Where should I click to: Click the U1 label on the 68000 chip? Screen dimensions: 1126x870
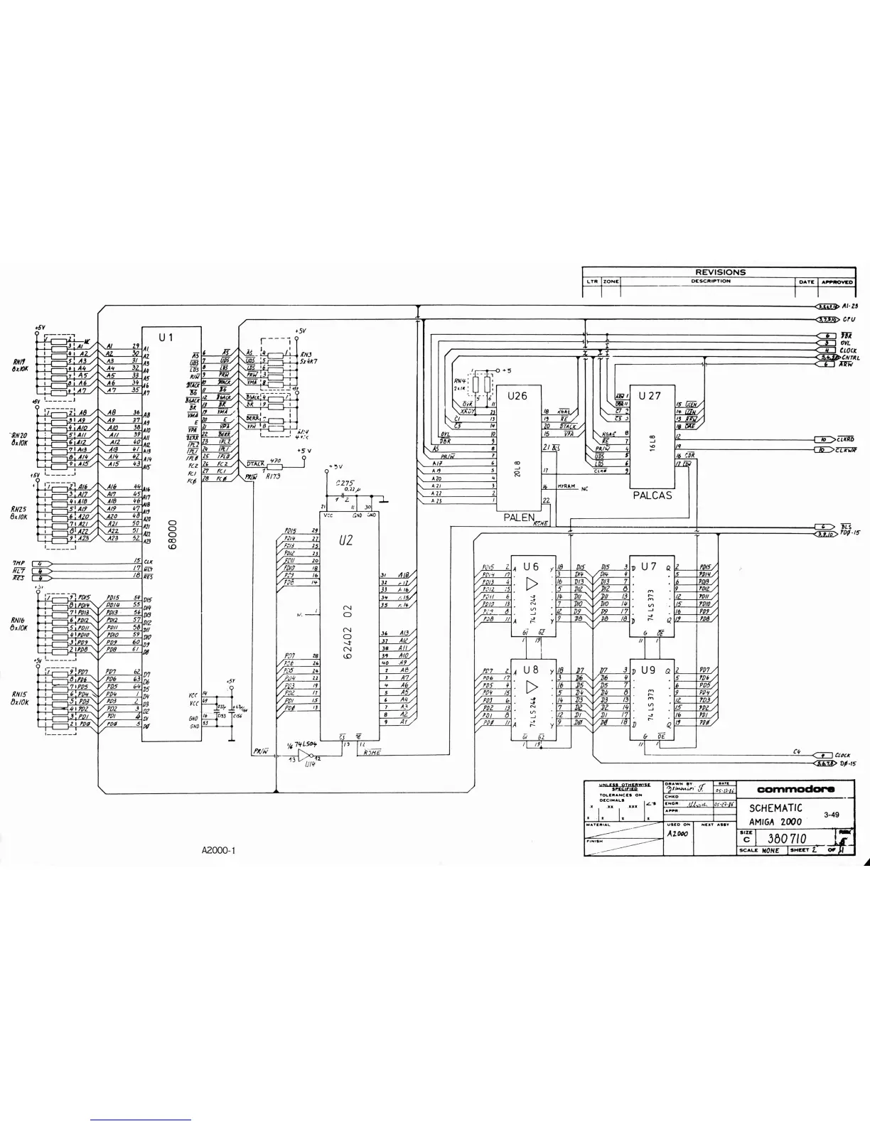166,337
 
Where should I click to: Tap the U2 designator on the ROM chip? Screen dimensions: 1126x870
346,540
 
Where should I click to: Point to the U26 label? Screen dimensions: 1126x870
517,396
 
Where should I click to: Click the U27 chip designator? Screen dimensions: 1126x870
650,395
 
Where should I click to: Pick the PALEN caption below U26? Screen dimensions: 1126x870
519,518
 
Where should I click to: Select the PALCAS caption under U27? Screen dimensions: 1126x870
652,495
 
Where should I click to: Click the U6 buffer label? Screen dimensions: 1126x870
531,567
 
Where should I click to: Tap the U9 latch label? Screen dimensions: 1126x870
648,670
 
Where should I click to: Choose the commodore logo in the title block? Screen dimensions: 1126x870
795,788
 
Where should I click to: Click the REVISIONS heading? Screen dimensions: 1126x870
720,272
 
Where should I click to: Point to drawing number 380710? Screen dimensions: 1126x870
786,839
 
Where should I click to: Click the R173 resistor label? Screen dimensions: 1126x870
274,477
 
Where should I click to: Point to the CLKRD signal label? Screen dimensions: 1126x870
846,439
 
